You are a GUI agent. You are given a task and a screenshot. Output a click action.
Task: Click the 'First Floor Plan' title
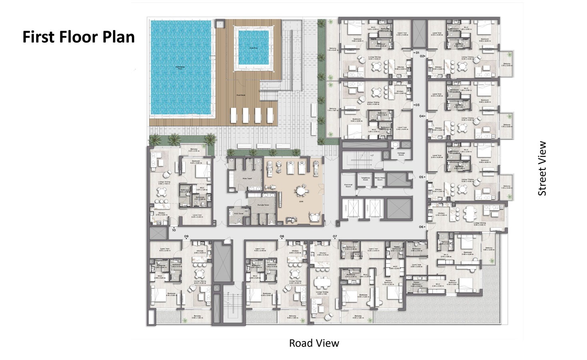pyautogui.click(x=78, y=37)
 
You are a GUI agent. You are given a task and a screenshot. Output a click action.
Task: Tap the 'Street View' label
pyautogui.click(x=542, y=168)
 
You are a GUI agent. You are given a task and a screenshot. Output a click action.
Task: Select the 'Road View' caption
pyautogui.click(x=314, y=343)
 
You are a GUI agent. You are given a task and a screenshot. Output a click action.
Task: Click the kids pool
pyautogui.click(x=253, y=48)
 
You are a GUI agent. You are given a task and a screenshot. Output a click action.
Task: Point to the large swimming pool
pyautogui.click(x=180, y=68)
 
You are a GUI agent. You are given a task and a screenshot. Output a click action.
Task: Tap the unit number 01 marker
pyautogui.click(x=417, y=53)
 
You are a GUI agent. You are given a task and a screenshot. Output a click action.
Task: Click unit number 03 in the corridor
pyautogui.click(x=417, y=105)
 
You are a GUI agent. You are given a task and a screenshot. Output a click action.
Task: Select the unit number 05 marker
pyautogui.click(x=421, y=177)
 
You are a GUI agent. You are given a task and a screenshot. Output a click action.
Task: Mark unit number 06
pyautogui.click(x=421, y=227)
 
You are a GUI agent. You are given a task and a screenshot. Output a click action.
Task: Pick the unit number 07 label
pyautogui.click(x=335, y=236)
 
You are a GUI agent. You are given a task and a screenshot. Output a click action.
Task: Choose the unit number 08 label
pyautogui.click(x=282, y=236)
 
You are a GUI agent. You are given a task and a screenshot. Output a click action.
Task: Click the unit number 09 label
pyautogui.click(x=186, y=236)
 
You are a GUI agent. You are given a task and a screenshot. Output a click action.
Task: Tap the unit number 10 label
pyautogui.click(x=174, y=230)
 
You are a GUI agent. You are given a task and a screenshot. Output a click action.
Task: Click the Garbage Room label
pyautogui.click(x=401, y=154)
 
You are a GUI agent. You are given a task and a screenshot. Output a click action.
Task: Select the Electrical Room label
pyautogui.click(x=348, y=186)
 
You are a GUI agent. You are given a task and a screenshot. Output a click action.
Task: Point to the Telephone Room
pyautogui.click(x=365, y=179)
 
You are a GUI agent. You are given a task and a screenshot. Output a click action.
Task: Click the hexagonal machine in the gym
pyautogui.click(x=300, y=191)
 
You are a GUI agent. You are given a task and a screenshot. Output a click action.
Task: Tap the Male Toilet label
pyautogui.click(x=247, y=178)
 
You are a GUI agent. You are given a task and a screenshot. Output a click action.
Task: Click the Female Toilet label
pyautogui.click(x=263, y=205)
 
